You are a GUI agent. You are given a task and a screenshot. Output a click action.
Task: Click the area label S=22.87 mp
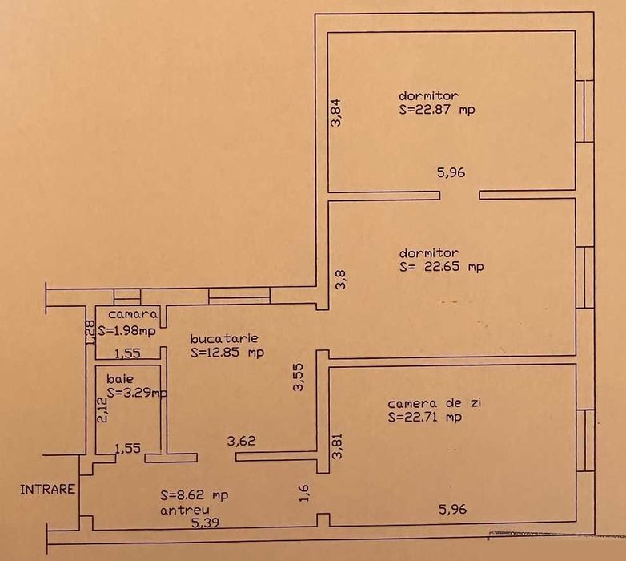436,111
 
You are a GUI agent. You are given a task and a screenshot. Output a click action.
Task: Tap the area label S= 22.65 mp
441,266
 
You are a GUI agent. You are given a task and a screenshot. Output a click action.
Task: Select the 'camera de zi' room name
424,403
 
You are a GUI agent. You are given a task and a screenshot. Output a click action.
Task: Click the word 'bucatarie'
225,338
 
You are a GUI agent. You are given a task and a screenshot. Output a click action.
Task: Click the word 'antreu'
185,510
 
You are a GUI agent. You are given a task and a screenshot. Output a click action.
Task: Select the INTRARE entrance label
48,488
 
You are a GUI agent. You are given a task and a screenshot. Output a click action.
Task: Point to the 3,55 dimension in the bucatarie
298,377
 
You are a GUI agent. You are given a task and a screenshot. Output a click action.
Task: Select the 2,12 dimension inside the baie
102,410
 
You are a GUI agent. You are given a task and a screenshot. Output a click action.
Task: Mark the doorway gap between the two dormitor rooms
459,195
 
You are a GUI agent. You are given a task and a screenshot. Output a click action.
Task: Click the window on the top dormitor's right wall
589,111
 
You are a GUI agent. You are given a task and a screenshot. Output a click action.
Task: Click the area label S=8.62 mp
194,495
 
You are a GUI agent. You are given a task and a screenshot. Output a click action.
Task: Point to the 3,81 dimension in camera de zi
337,446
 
